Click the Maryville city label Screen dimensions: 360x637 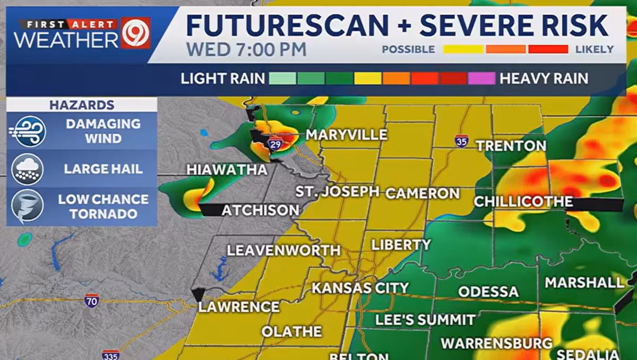coord(346,135)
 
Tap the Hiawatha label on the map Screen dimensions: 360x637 coord(227,170)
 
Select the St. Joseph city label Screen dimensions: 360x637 coord(337,191)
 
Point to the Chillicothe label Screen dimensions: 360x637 coord(523,202)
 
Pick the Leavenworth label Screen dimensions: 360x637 coord(283,250)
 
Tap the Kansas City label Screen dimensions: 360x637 coord(360,288)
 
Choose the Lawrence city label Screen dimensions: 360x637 coord(239,307)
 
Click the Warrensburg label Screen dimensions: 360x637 coord(496,343)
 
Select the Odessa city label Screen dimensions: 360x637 coord(488,292)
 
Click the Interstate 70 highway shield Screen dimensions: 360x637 coord(92,301)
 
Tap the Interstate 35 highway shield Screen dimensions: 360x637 coord(461,141)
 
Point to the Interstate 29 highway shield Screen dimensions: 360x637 coord(275,143)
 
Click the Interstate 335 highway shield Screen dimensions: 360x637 coord(110,355)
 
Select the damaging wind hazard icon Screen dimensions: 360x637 coord(29,131)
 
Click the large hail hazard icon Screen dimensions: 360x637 coord(28,169)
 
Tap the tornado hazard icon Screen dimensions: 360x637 coord(28,207)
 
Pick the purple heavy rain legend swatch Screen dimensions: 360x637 coord(481,79)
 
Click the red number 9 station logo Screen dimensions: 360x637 coord(135,33)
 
